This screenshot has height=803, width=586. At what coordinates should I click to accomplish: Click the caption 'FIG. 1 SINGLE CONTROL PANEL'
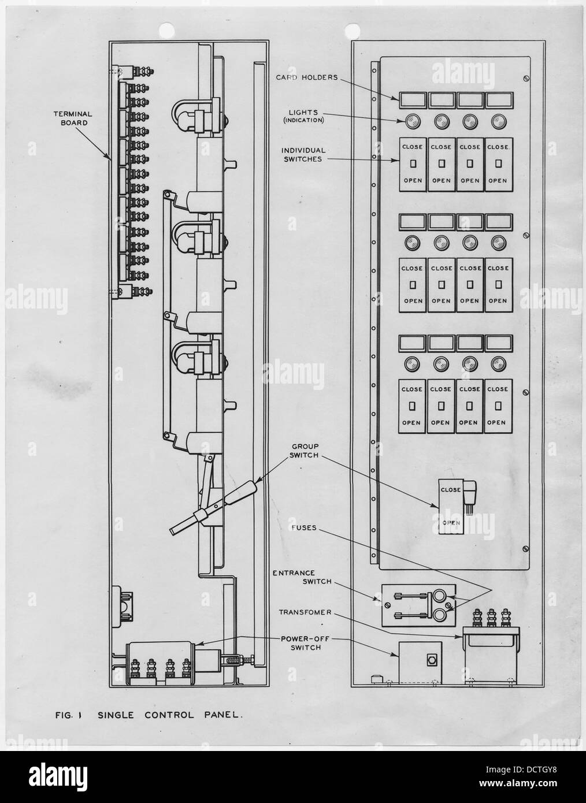click(146, 715)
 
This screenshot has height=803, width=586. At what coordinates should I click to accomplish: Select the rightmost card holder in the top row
click(498, 101)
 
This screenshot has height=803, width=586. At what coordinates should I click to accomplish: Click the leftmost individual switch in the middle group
click(413, 284)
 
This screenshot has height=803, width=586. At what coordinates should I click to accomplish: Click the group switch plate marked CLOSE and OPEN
click(451, 507)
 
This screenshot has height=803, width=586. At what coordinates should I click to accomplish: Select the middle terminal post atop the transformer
click(491, 617)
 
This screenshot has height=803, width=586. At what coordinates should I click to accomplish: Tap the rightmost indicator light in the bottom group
click(498, 365)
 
